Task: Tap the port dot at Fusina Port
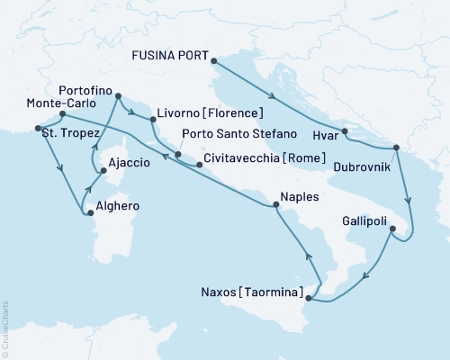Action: (x=213, y=60)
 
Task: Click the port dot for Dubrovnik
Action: (x=396, y=148)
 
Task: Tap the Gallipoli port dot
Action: (x=392, y=229)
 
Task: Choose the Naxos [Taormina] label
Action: (x=253, y=292)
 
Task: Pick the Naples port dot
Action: (x=275, y=205)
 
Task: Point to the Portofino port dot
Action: (x=118, y=94)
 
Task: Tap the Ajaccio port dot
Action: (x=104, y=170)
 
